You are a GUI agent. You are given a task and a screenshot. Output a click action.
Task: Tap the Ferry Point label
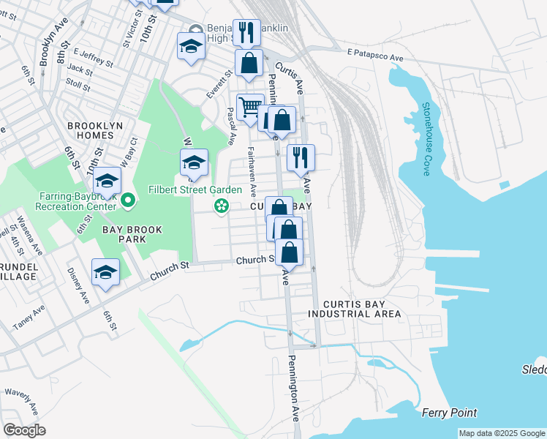click(449, 413)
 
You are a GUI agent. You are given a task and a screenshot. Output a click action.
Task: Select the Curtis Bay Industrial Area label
click(355, 308)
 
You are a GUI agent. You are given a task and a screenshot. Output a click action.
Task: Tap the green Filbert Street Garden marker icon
click(220, 208)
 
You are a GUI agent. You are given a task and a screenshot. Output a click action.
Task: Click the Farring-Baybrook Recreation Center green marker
click(128, 199)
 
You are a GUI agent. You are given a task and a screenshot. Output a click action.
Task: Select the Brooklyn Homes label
click(95, 126)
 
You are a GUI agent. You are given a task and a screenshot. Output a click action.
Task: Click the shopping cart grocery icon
click(250, 108)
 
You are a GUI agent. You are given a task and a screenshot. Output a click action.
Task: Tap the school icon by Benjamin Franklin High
click(191, 45)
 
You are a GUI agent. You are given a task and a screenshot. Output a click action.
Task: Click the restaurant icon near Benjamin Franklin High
click(247, 31)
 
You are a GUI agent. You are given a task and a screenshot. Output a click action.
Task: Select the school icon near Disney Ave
click(106, 273)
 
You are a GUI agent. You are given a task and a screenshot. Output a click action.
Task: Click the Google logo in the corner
click(24, 430)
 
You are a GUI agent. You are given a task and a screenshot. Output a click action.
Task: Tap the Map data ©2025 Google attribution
click(502, 433)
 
